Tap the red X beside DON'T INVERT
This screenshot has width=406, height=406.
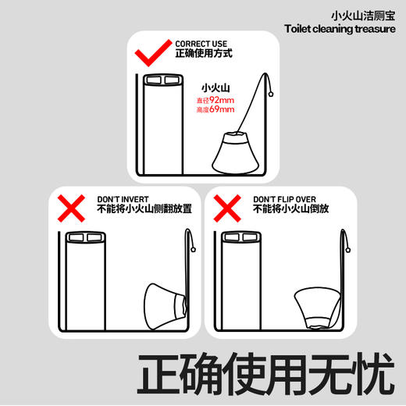tap(73, 208)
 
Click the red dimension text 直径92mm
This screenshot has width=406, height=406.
tap(215, 101)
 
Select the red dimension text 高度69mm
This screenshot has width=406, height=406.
tap(215, 111)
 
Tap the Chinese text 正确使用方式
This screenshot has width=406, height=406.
tap(203, 55)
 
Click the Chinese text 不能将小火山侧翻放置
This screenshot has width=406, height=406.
tap(141, 211)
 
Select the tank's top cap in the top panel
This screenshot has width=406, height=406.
tap(162, 80)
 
